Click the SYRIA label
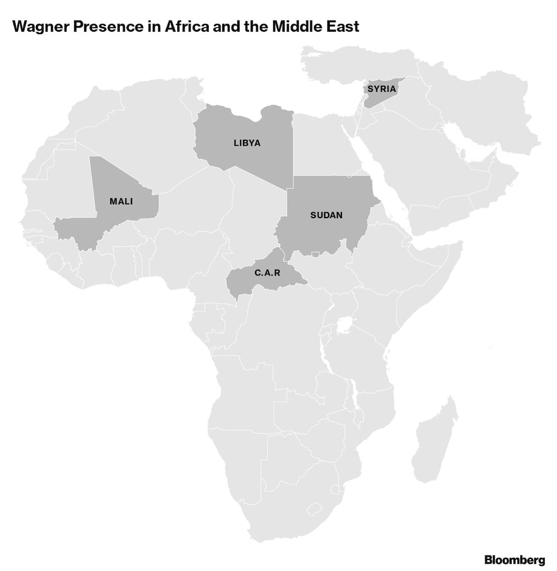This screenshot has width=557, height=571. pos(382,88)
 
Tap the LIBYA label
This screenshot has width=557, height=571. pos(247,143)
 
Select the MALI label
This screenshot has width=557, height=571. pos(121,201)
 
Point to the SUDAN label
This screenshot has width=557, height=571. pos(326,215)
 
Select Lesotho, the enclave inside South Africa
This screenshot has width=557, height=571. pos(316,509)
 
